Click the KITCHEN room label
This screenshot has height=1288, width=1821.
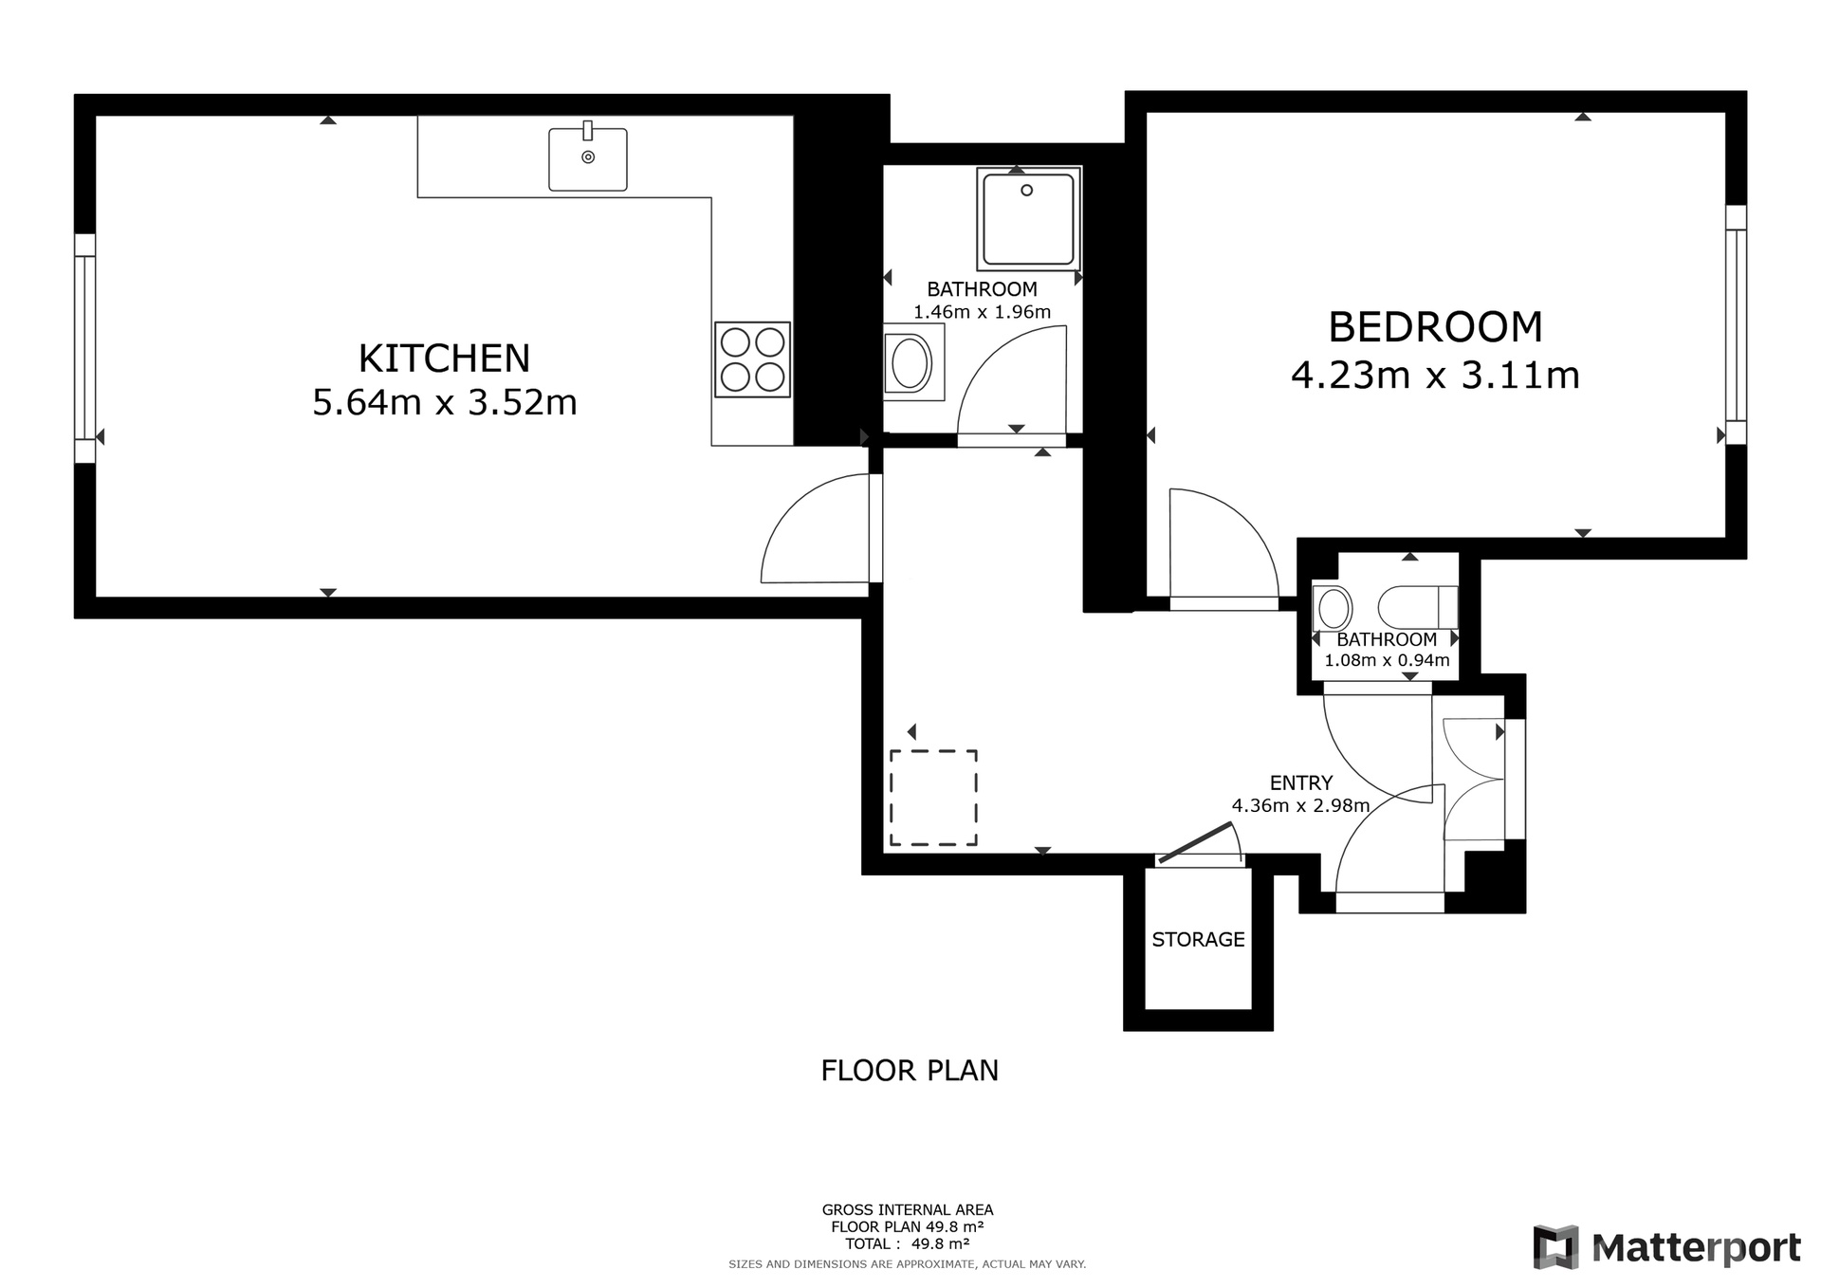point(444,359)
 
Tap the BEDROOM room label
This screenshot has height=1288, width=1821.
point(1435,327)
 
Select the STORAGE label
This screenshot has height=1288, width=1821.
point(1198,939)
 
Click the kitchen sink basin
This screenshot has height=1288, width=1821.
point(588,159)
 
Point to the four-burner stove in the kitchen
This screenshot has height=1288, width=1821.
point(752,359)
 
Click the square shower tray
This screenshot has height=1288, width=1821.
point(1028,219)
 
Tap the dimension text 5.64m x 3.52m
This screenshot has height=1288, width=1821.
point(445,403)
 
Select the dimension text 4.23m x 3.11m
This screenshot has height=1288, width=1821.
point(1435,376)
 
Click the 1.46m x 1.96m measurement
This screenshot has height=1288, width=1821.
point(982,312)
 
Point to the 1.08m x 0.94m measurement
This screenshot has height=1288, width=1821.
point(1387,660)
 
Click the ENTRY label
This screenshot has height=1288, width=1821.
point(1301,782)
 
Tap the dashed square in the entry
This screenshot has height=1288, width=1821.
point(933,798)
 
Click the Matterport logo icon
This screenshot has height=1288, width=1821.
point(1555,1247)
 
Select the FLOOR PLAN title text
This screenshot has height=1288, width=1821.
point(910,1071)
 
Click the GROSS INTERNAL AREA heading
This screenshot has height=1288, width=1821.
point(908,1209)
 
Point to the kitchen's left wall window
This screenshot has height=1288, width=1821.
point(85,348)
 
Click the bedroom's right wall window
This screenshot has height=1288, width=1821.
point(1736,324)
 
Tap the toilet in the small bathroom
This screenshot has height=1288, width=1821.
point(1418,608)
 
